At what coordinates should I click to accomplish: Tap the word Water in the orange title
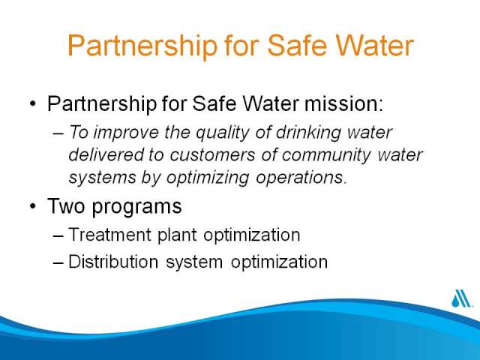pos(375,45)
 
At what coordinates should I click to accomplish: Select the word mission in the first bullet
pos(343,103)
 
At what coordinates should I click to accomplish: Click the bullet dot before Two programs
pos(33,206)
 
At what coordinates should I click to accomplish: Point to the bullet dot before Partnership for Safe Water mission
pos(33,103)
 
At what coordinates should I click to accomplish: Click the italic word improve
pos(126,133)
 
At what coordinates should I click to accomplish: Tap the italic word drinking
pos(308,133)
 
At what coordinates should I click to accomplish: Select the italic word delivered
pos(106,154)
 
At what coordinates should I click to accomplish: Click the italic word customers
pos(212,155)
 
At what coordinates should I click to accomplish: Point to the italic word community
pos(326,155)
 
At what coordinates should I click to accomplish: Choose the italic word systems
pos(102,178)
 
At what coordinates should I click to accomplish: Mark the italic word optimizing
pos(208,178)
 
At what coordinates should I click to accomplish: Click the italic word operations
pos(301,177)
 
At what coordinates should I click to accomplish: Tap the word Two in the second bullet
pos(66,205)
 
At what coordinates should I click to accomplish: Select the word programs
pos(136,207)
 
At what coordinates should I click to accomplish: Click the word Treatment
pos(110,235)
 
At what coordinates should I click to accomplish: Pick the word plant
pos(177,235)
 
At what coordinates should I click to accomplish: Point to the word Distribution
pos(113,262)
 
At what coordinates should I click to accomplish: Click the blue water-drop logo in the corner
pos(461,298)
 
